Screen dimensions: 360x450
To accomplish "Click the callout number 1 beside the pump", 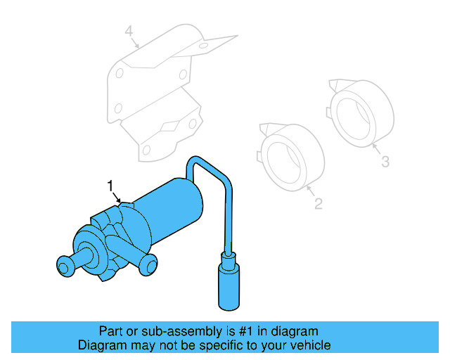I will click(110, 185).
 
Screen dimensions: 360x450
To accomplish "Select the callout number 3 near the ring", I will click(385, 162).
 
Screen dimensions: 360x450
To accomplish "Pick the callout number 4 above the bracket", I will click(129, 31).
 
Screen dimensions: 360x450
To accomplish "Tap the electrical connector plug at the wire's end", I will click(228, 285).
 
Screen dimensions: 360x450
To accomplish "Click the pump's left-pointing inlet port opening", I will click(64, 264).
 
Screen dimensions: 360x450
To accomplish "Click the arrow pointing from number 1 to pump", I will click(117, 196).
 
